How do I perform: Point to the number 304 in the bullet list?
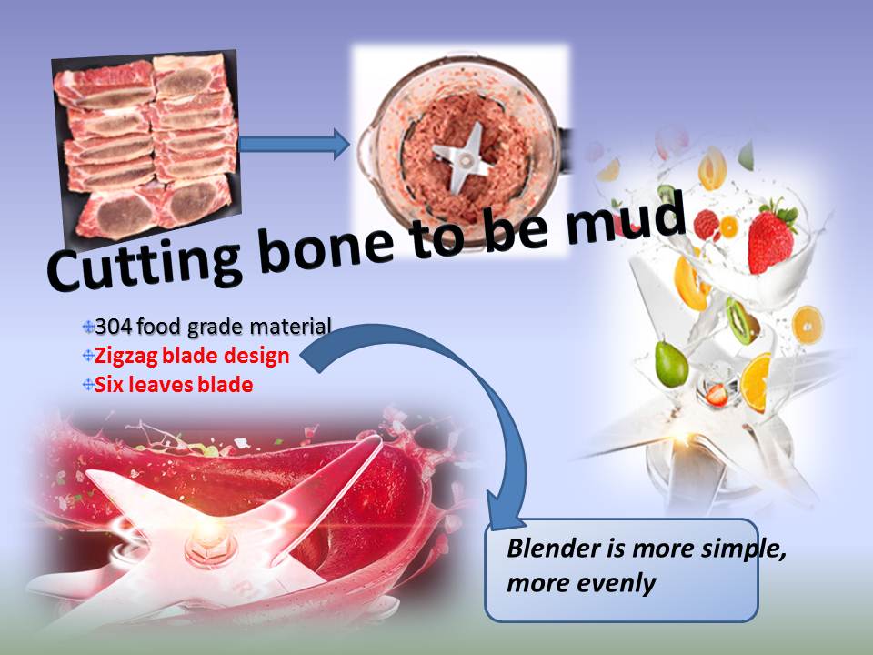(x=113, y=327)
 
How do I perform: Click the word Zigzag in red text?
(x=127, y=357)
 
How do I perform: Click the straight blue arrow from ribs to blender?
(x=294, y=145)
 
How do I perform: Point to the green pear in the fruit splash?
(x=671, y=364)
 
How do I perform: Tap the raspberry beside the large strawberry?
(x=706, y=225)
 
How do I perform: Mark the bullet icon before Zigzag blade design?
(x=88, y=356)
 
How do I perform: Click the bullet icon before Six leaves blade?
(x=88, y=384)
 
